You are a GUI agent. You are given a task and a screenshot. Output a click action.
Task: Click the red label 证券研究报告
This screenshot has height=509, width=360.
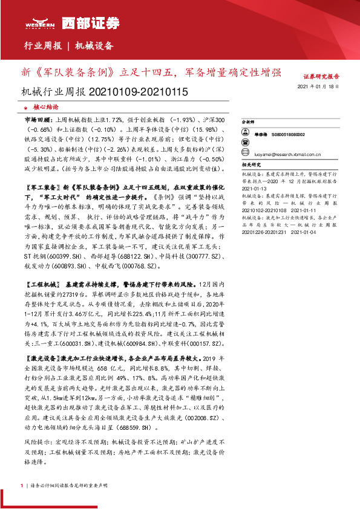tap(321, 77)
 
